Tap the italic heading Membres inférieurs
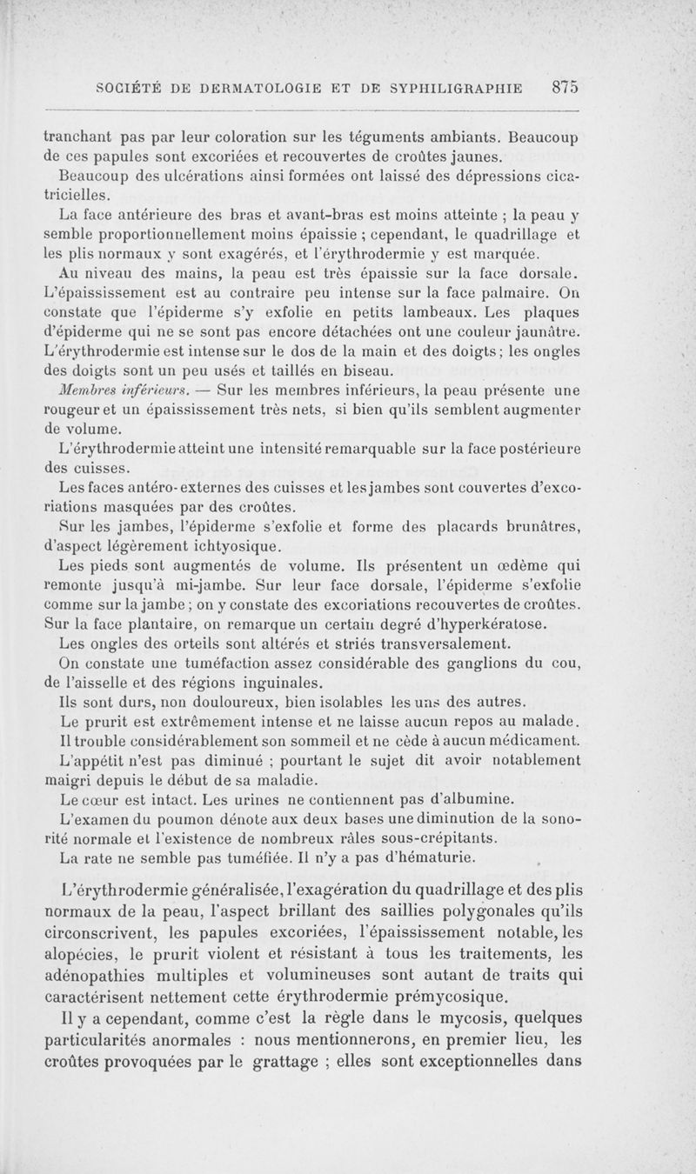[x=103, y=390]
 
